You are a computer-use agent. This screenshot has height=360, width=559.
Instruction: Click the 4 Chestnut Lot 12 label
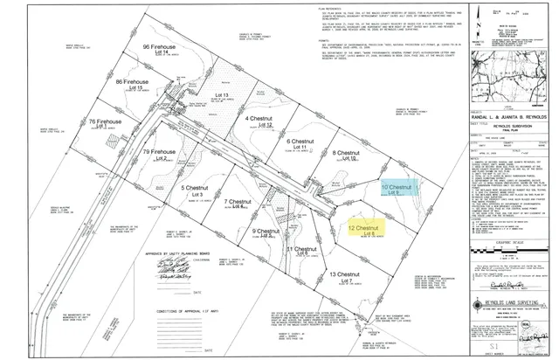click(260, 121)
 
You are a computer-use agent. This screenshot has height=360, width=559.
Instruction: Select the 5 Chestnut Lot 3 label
click(197, 190)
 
